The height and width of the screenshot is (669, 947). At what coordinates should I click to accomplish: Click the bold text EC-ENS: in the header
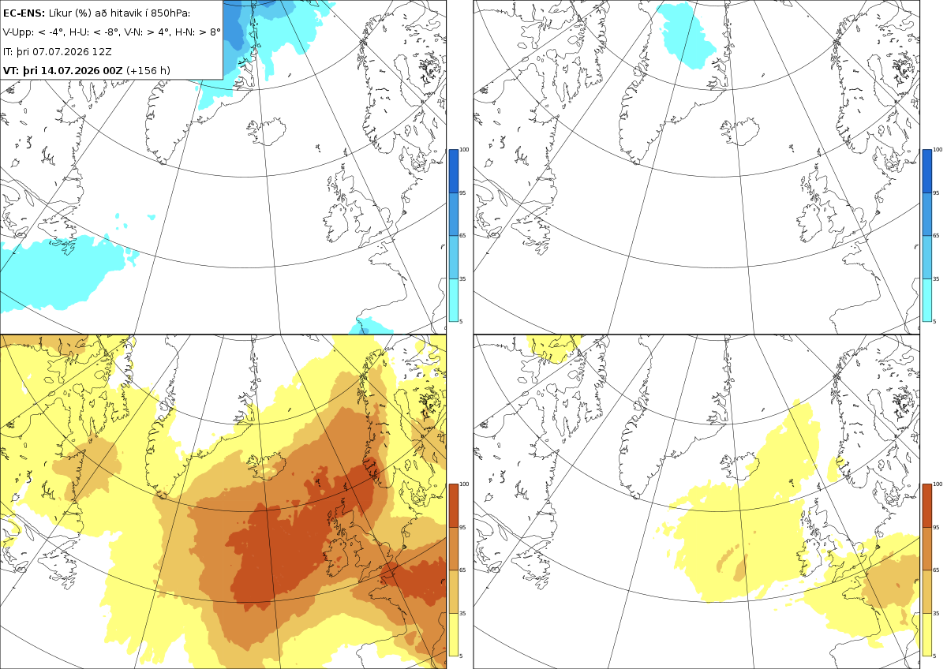coord(24,13)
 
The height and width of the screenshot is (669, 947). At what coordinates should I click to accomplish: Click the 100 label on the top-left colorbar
coord(464,150)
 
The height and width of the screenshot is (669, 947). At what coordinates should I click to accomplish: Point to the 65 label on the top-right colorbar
coord(936,235)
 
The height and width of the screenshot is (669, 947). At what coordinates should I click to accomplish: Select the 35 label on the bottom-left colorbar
coord(462,613)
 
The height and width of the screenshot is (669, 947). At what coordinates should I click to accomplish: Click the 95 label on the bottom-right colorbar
coord(936,528)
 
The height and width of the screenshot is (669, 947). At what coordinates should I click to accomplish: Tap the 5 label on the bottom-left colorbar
coord(461,656)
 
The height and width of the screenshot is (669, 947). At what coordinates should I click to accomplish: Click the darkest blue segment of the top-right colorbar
coord(926,170)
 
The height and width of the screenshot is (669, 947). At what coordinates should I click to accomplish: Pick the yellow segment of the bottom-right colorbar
coord(926,634)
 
